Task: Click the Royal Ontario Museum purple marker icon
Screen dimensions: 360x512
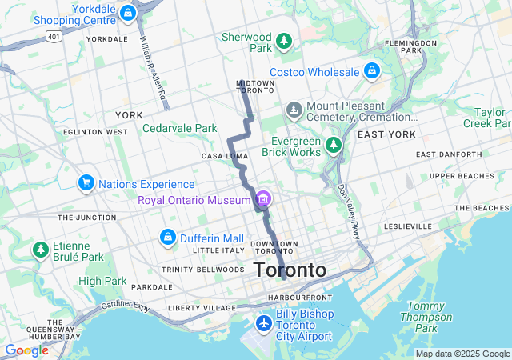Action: (262, 199)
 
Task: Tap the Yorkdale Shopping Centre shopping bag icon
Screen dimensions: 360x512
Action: (128, 13)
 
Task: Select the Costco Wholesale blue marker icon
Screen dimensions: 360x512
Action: (371, 72)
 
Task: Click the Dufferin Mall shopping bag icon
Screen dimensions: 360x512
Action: (168, 238)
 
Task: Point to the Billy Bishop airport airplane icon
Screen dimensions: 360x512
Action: (263, 323)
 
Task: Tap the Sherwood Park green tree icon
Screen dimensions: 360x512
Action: (283, 41)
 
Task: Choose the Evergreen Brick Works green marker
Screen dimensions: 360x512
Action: (333, 146)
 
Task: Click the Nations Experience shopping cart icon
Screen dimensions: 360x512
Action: (86, 184)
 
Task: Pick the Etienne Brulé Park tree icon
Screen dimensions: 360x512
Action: (40, 250)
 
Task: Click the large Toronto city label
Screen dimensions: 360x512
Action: (290, 270)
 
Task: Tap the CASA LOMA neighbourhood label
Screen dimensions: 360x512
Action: (222, 156)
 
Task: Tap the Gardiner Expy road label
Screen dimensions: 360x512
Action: (126, 306)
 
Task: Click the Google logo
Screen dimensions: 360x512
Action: (26, 350)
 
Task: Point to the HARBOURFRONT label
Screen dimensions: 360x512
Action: (295, 298)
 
